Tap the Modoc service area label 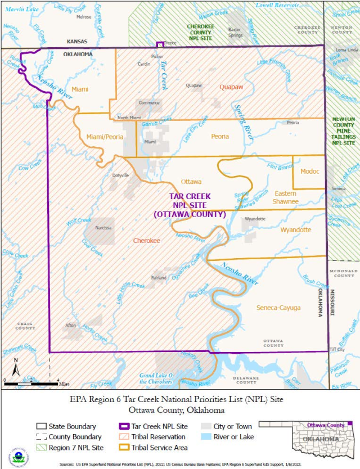(310, 171)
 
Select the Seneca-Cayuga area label (278, 308)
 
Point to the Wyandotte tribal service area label (296, 229)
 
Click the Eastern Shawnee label (285, 197)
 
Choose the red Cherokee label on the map (147, 240)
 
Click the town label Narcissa (103, 228)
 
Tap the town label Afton (70, 326)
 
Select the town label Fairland (159, 278)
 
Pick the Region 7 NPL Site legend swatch (41, 448)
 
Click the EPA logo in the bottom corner (18, 456)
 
